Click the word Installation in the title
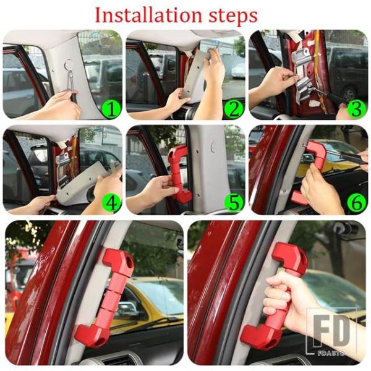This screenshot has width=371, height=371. [148, 15]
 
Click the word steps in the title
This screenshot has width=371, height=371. [233, 16]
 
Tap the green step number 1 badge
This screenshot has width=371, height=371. [111, 109]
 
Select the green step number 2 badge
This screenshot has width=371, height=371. [234, 109]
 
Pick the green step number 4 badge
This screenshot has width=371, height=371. [111, 203]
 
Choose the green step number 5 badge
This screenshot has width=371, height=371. [234, 203]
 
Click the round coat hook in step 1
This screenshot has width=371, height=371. [69, 64]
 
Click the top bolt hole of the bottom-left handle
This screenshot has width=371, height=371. [129, 261]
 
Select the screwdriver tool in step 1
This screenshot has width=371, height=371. [72, 83]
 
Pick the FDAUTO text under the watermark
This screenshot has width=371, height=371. [331, 354]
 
